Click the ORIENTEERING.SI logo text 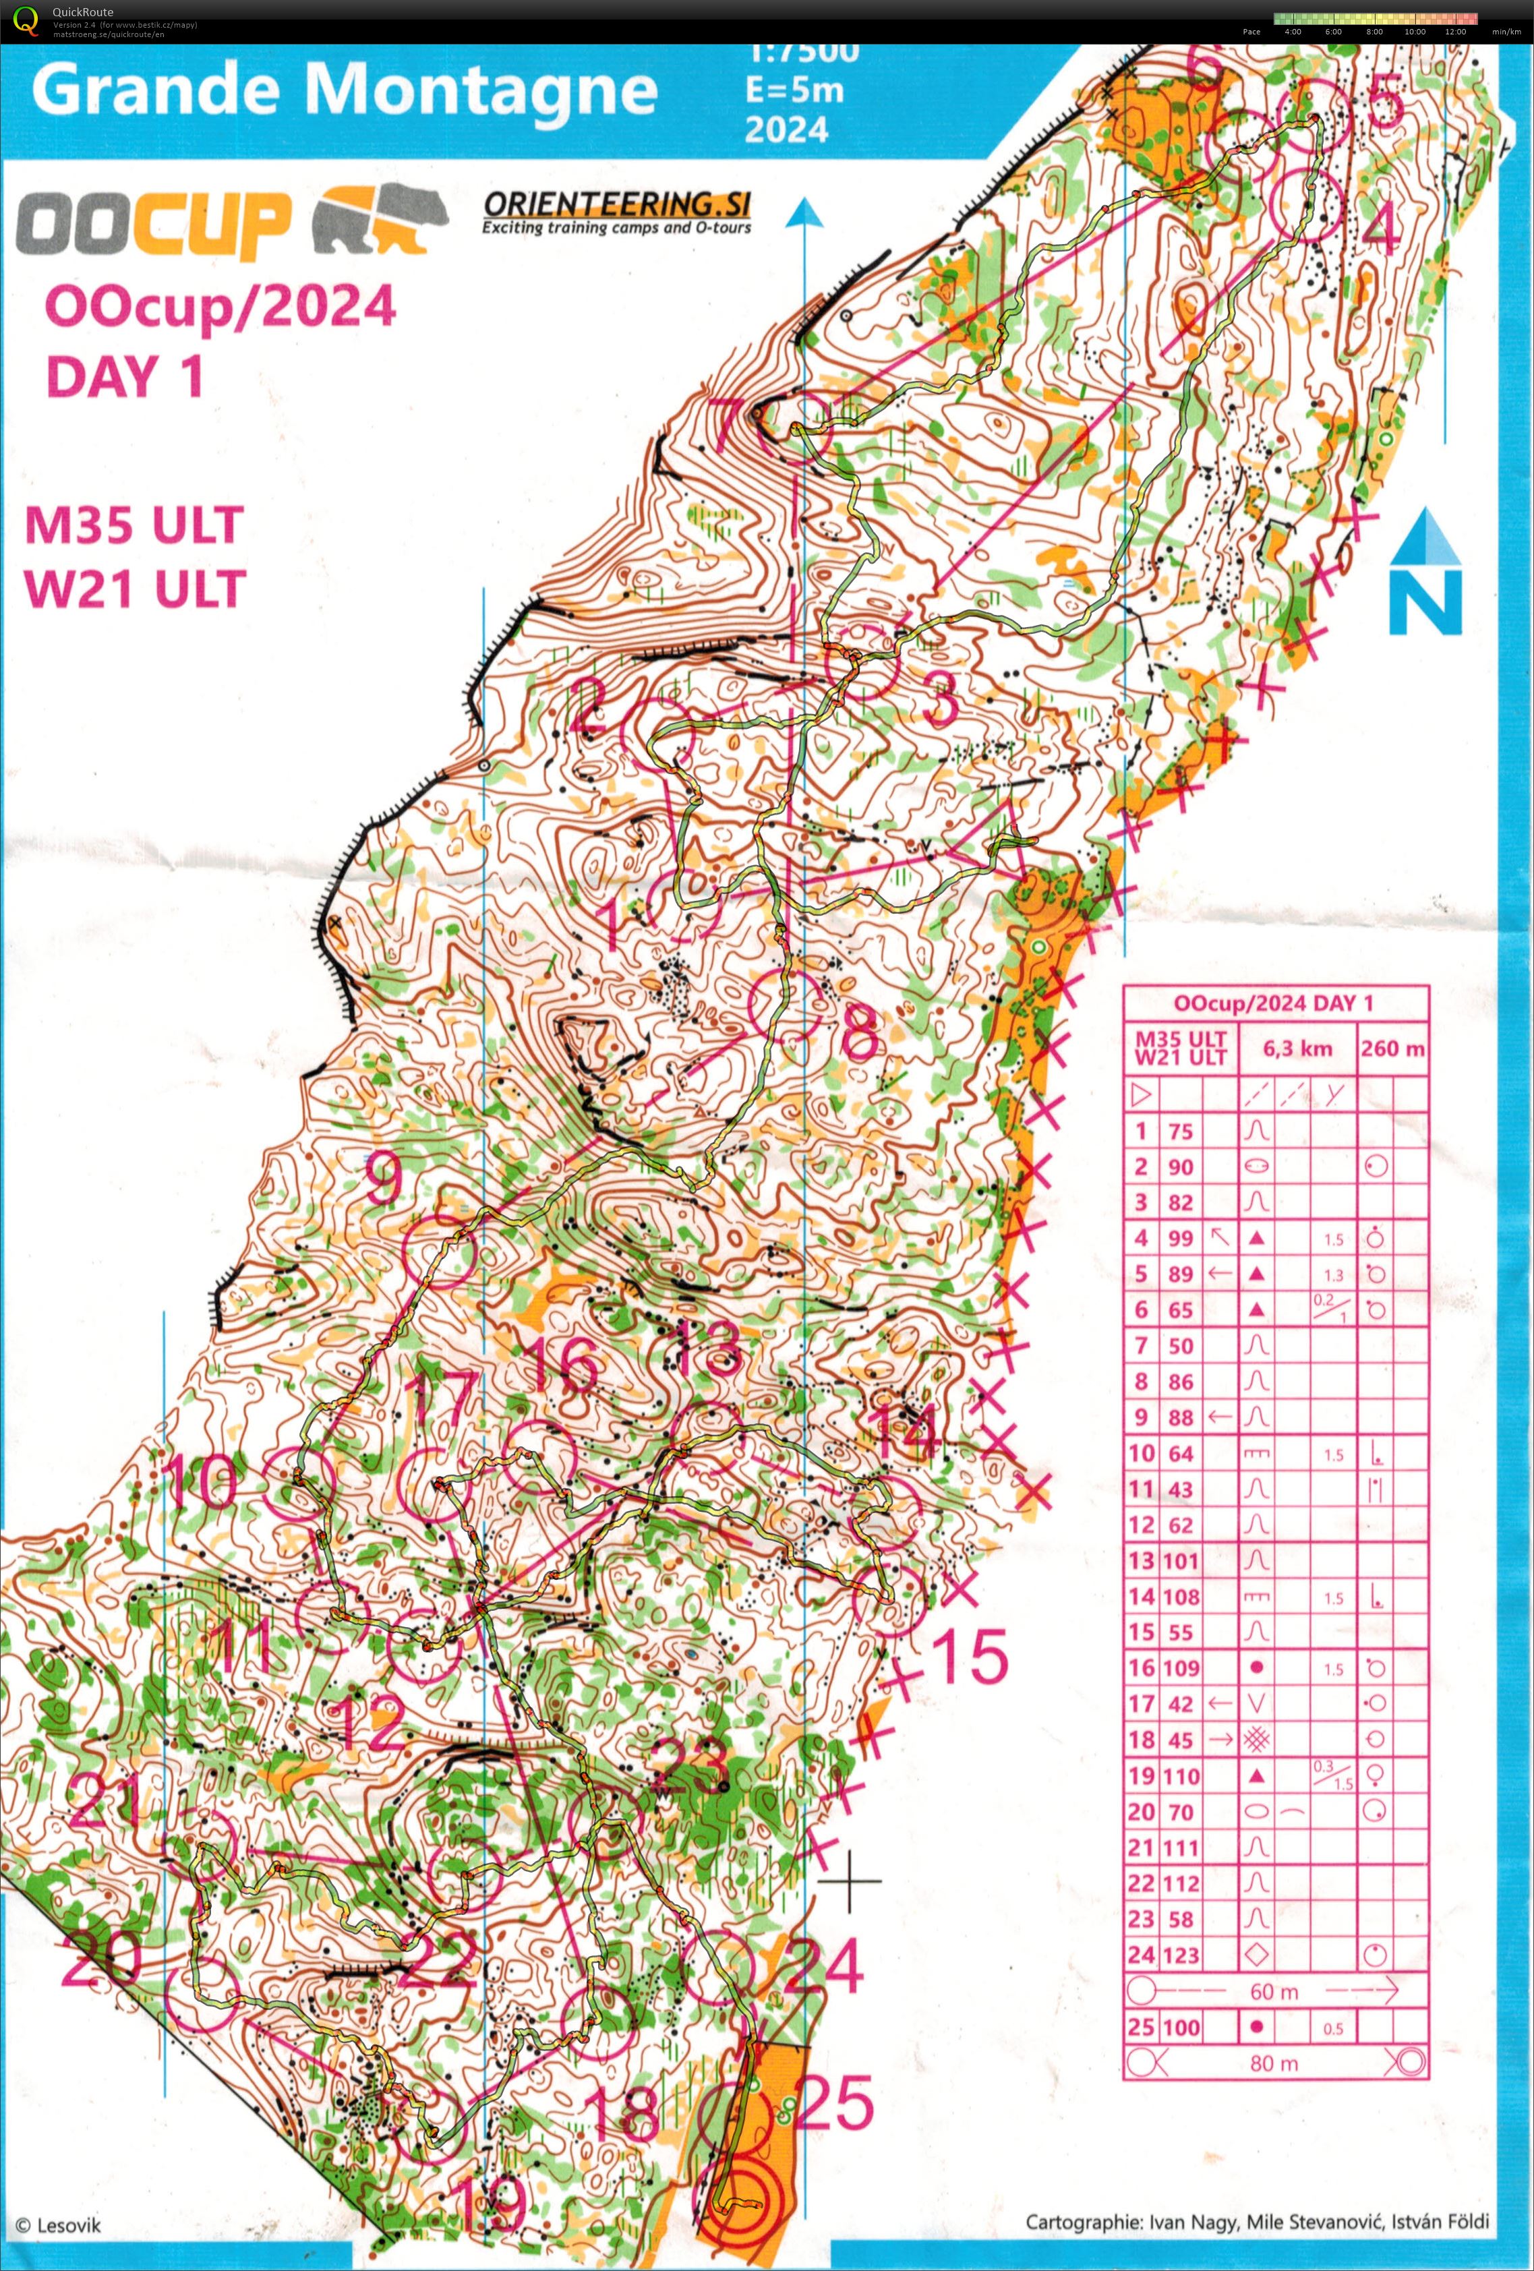tap(616, 204)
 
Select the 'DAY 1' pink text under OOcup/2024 tap(125, 376)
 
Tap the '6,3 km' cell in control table tap(1297, 1049)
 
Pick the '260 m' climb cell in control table tap(1392, 1049)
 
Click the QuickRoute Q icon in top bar tap(26, 20)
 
